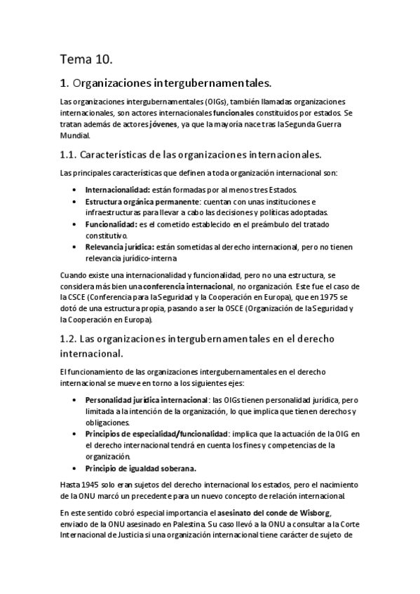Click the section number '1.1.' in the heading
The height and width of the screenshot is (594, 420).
(69, 153)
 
